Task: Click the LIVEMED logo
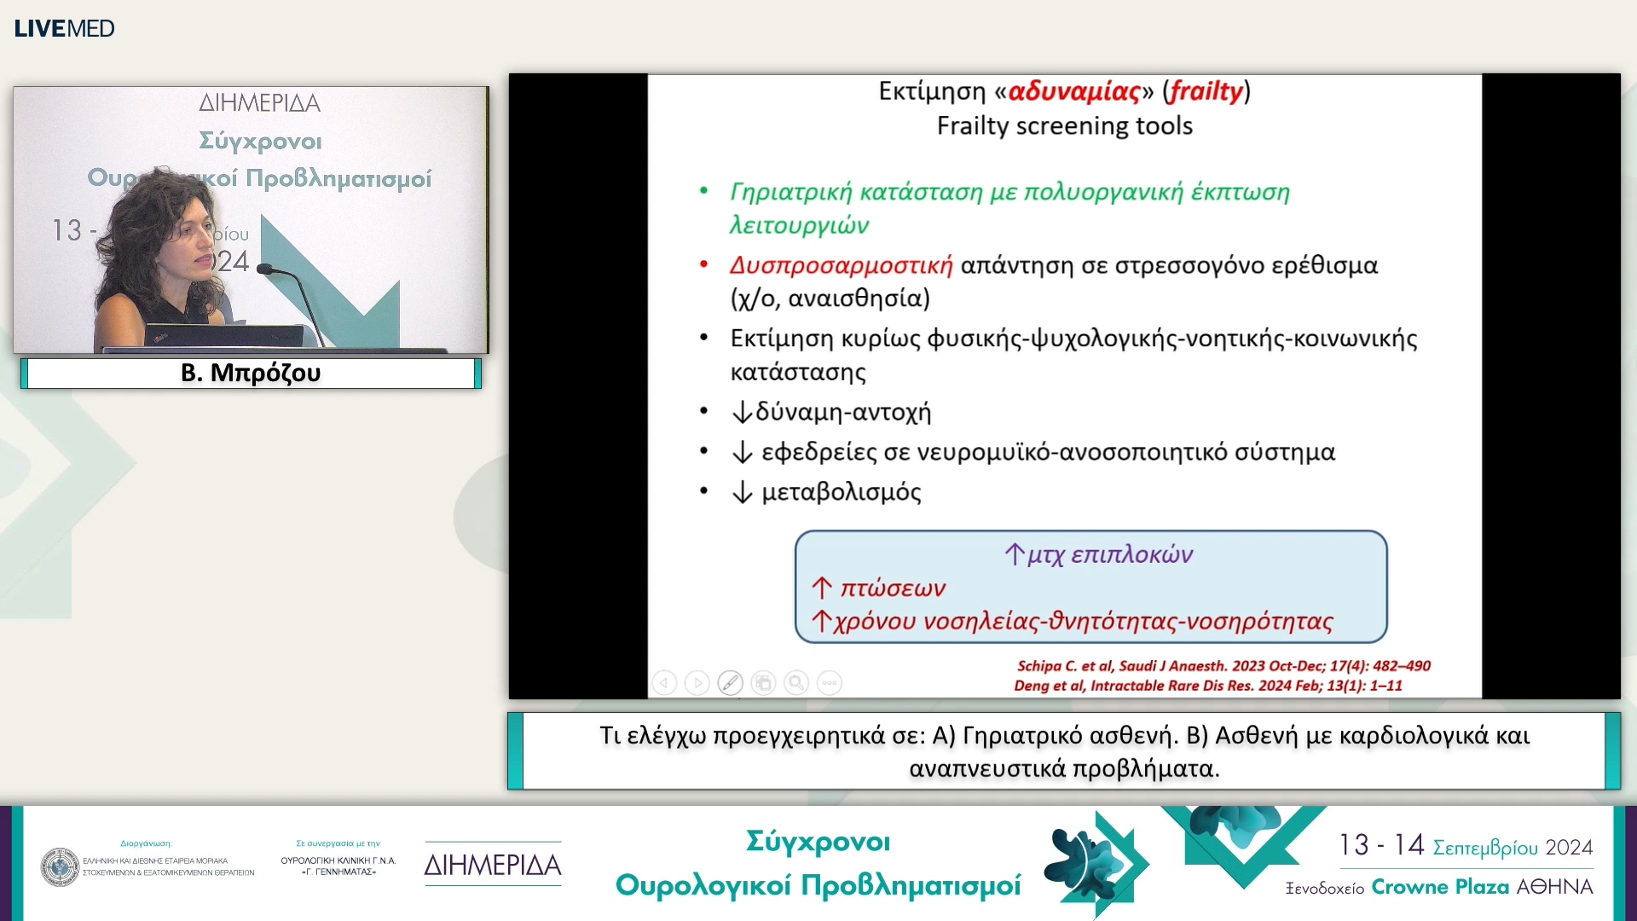point(64,28)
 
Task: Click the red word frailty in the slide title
point(1206,90)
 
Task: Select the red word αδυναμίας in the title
point(1073,90)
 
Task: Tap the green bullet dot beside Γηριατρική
point(703,191)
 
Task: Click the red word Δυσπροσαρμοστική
point(841,265)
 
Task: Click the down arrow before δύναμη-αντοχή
point(742,413)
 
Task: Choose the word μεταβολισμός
point(841,492)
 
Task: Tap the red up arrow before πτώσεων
point(821,588)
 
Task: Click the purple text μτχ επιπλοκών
point(1109,554)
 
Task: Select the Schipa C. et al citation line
point(1223,666)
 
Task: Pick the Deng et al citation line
point(1207,686)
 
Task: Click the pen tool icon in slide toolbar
point(730,682)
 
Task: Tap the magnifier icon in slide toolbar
point(796,682)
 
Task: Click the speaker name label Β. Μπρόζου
point(251,373)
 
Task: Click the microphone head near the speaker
point(264,269)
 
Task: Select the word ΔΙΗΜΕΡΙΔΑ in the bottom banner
point(493,865)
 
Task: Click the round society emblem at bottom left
point(60,866)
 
